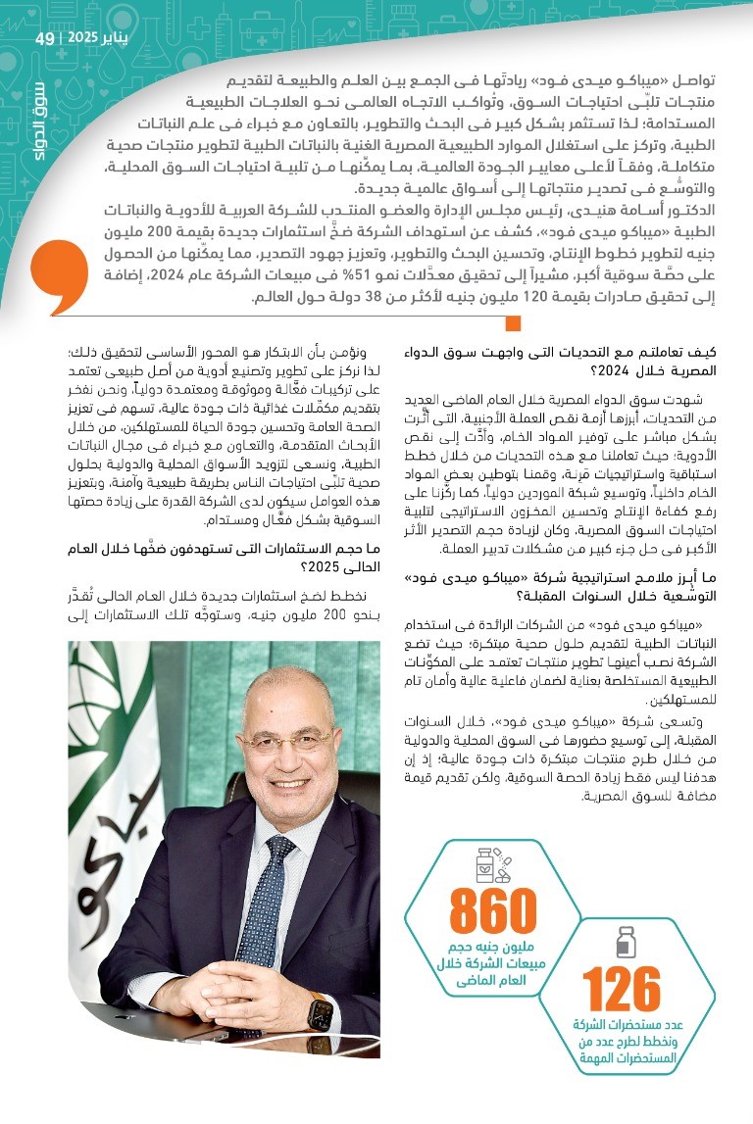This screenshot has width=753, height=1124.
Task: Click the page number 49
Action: coord(45,39)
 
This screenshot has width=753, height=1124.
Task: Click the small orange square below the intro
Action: coord(512,322)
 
